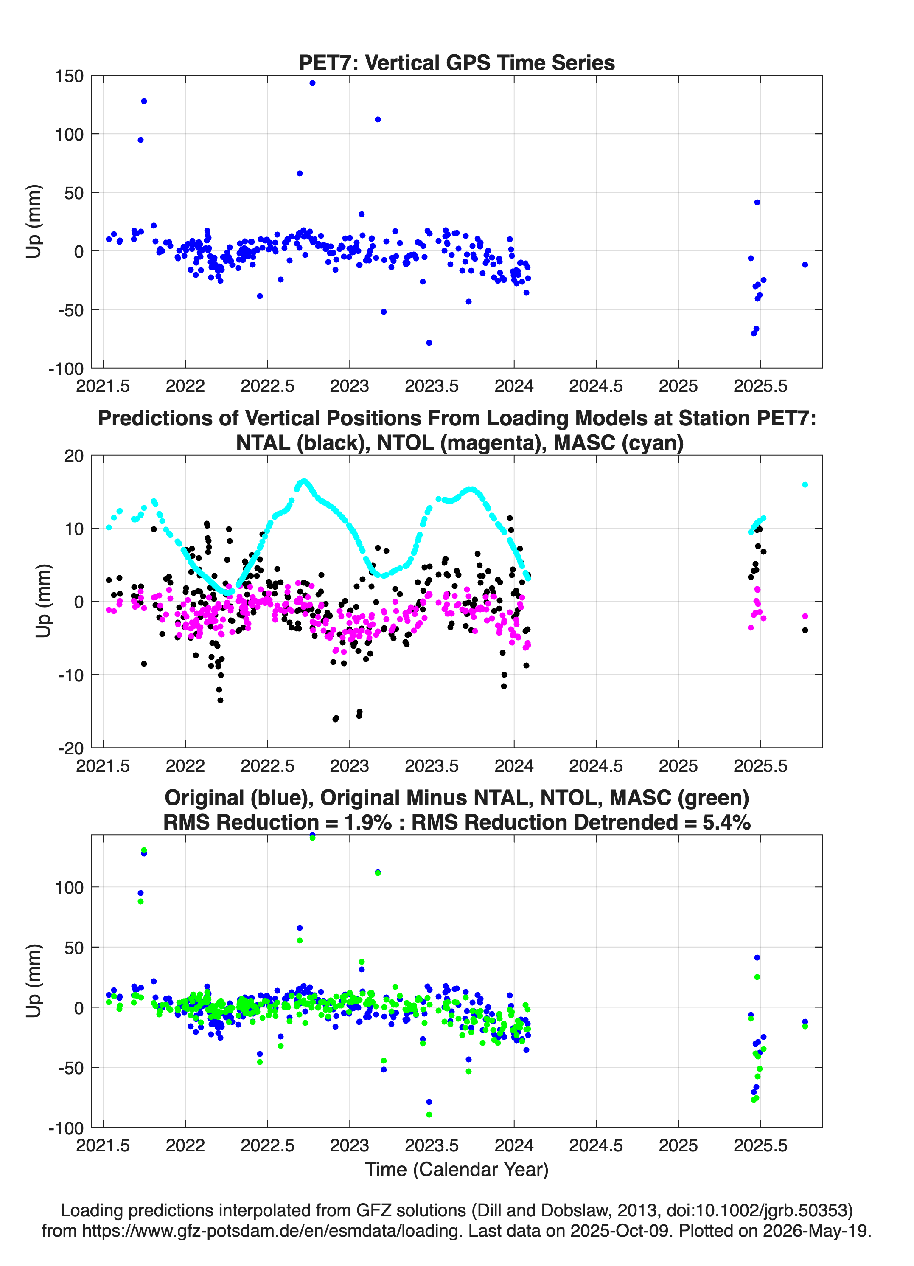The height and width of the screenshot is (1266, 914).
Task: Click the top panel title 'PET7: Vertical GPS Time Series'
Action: pos(457,62)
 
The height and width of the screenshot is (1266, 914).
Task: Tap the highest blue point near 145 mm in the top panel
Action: pos(312,83)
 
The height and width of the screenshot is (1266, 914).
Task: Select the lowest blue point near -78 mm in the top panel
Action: pos(429,343)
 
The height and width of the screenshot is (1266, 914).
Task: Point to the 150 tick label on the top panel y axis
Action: pos(69,76)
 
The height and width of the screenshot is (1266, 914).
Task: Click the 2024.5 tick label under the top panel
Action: pos(596,386)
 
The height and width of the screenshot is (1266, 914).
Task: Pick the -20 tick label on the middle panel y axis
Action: pos(71,748)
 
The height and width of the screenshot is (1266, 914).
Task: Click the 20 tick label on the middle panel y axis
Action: pos(74,456)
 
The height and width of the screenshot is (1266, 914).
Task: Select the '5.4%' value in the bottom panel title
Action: pos(726,822)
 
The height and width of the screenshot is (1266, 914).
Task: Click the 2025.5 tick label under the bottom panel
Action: pos(760,1145)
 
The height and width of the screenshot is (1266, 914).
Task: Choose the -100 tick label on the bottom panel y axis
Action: pos(66,1128)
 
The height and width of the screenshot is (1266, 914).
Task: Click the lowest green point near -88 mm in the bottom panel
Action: pos(429,1115)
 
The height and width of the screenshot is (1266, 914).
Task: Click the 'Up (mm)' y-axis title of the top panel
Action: pos(34,221)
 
